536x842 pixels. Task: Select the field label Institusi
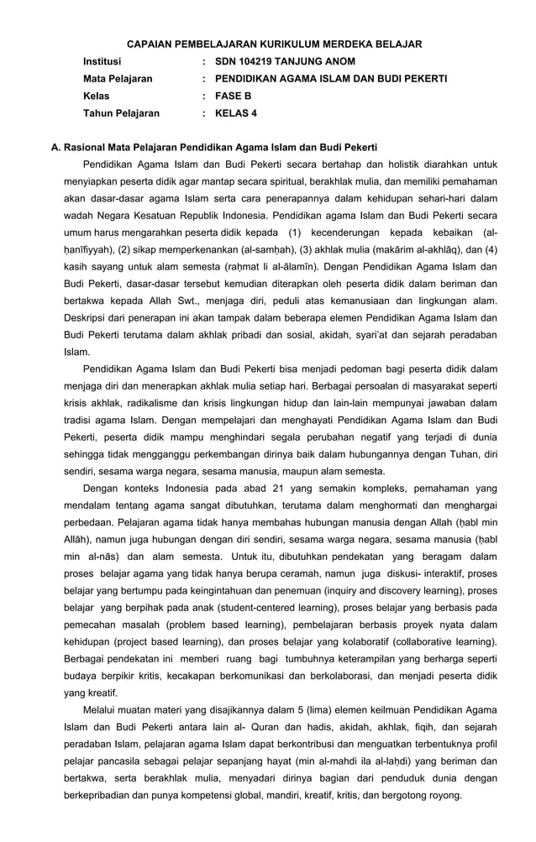[x=102, y=61]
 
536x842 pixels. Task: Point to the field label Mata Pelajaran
[x=118, y=78]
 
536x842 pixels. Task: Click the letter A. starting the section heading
[x=56, y=147]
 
